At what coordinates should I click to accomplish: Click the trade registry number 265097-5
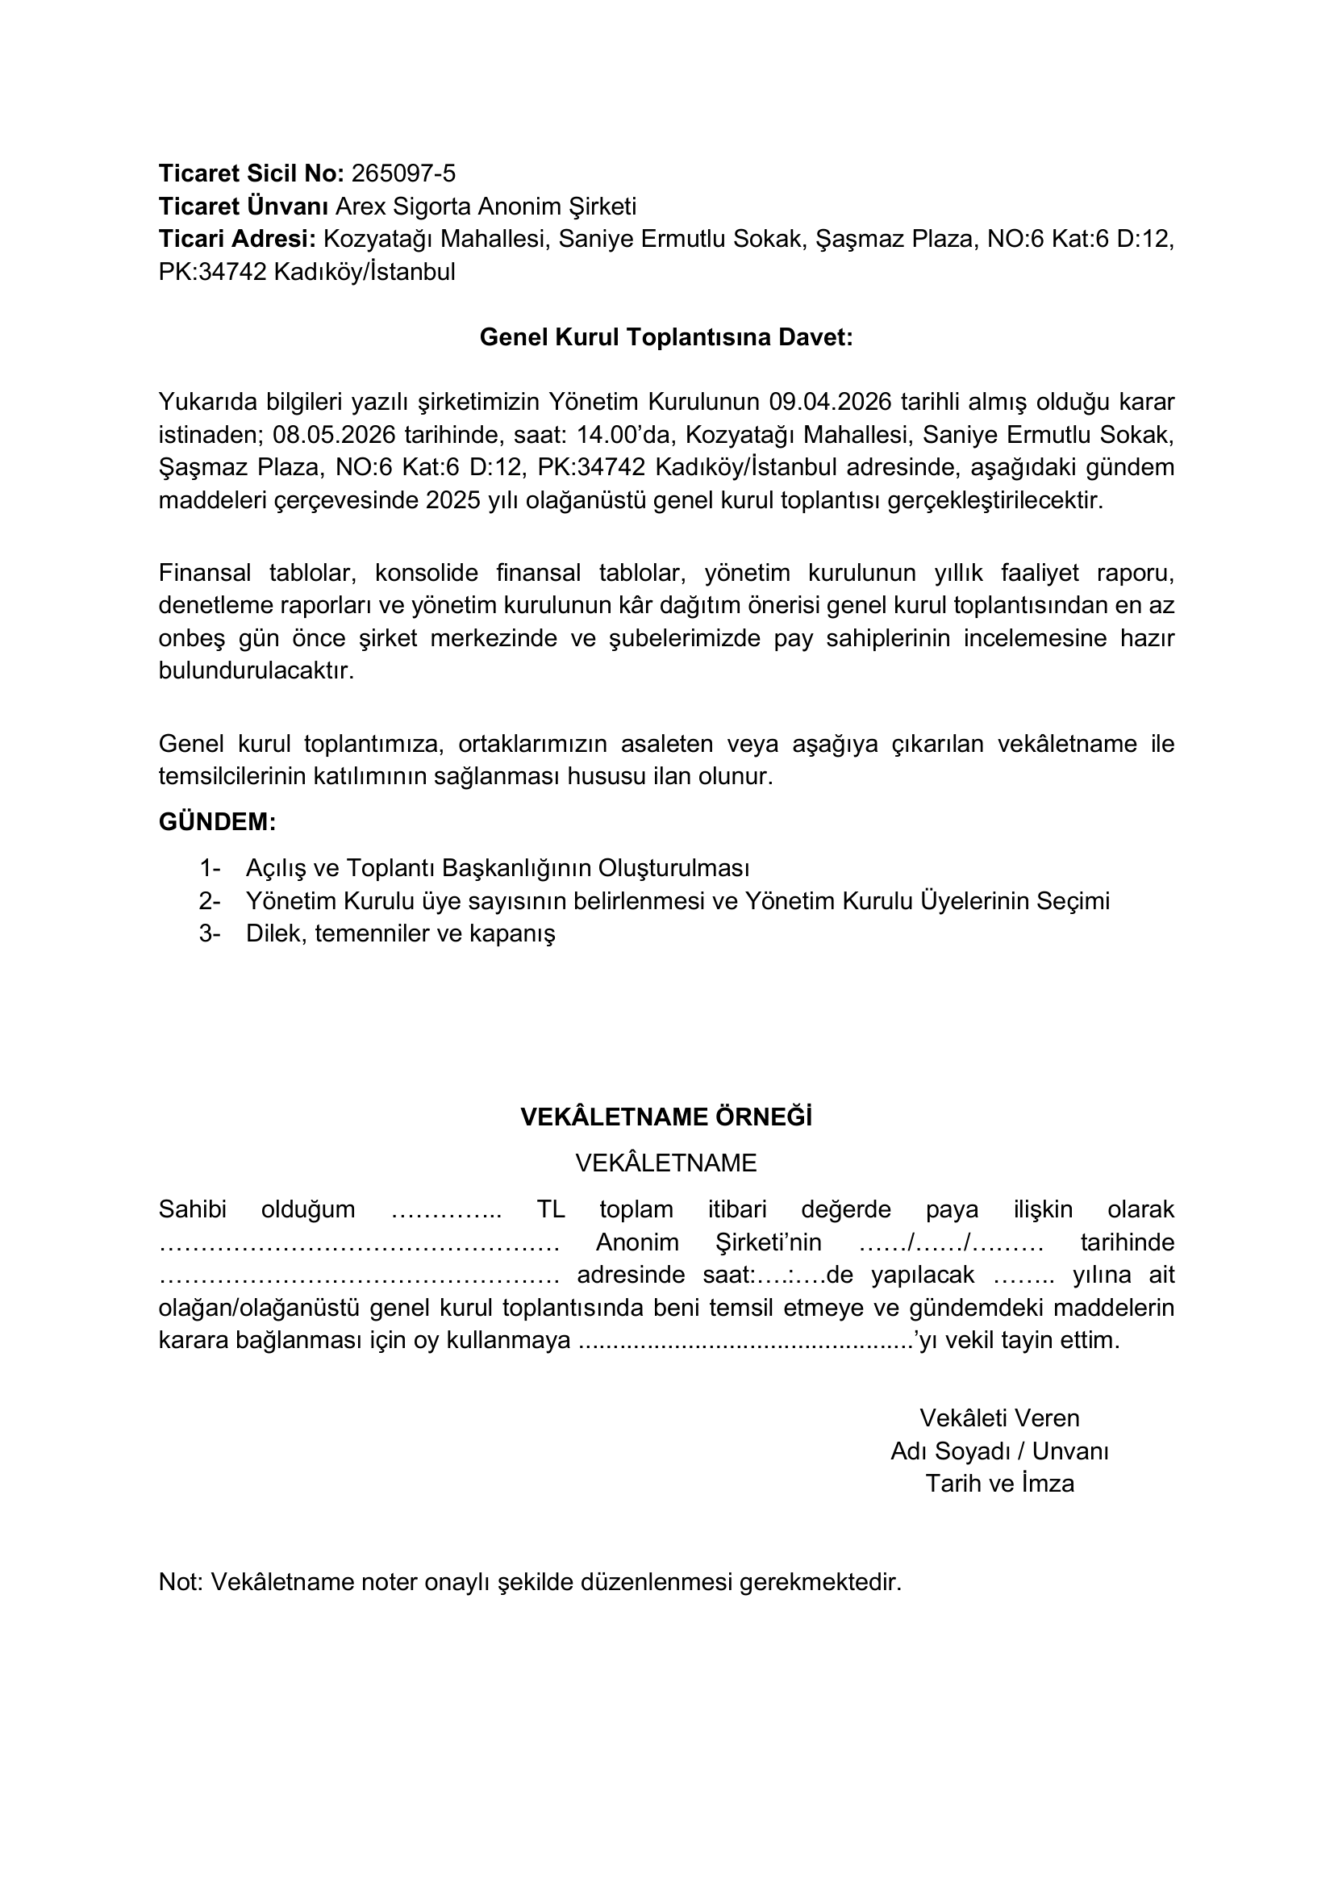pos(402,173)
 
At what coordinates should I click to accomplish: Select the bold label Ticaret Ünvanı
pos(243,207)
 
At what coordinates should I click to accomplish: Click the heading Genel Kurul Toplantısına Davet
pos(666,338)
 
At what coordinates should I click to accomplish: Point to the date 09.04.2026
pos(818,402)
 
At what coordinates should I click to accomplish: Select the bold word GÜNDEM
pos(217,822)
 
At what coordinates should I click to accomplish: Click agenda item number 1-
pos(210,868)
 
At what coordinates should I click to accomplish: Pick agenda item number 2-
pos(210,901)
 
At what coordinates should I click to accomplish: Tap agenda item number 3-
pos(210,933)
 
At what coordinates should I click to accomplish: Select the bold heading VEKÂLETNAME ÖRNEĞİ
pos(666,1117)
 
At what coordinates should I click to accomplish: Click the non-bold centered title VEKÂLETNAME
pos(666,1163)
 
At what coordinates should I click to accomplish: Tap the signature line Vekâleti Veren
pos(998,1417)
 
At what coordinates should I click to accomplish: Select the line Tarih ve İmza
pos(998,1484)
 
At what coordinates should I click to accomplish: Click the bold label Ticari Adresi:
pos(236,239)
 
